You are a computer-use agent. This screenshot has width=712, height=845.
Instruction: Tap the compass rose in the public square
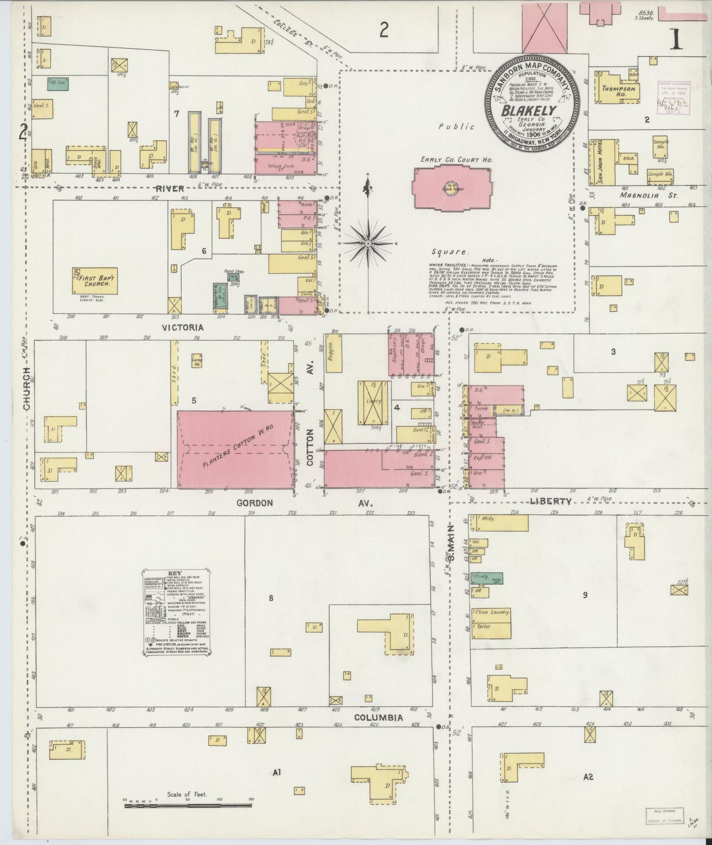368,243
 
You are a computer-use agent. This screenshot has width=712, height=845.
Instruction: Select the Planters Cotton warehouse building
235,449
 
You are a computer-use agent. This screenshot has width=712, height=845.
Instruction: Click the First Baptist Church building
94,281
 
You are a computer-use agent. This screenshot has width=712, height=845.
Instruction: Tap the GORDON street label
254,503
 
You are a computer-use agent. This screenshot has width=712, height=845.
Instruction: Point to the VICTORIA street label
183,327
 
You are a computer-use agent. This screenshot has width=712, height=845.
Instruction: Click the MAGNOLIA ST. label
648,195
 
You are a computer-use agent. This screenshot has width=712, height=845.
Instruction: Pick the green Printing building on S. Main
480,578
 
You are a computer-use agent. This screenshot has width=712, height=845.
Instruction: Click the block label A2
588,777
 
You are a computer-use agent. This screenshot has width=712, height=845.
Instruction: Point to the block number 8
271,599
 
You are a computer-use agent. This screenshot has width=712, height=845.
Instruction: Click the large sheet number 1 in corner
677,39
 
